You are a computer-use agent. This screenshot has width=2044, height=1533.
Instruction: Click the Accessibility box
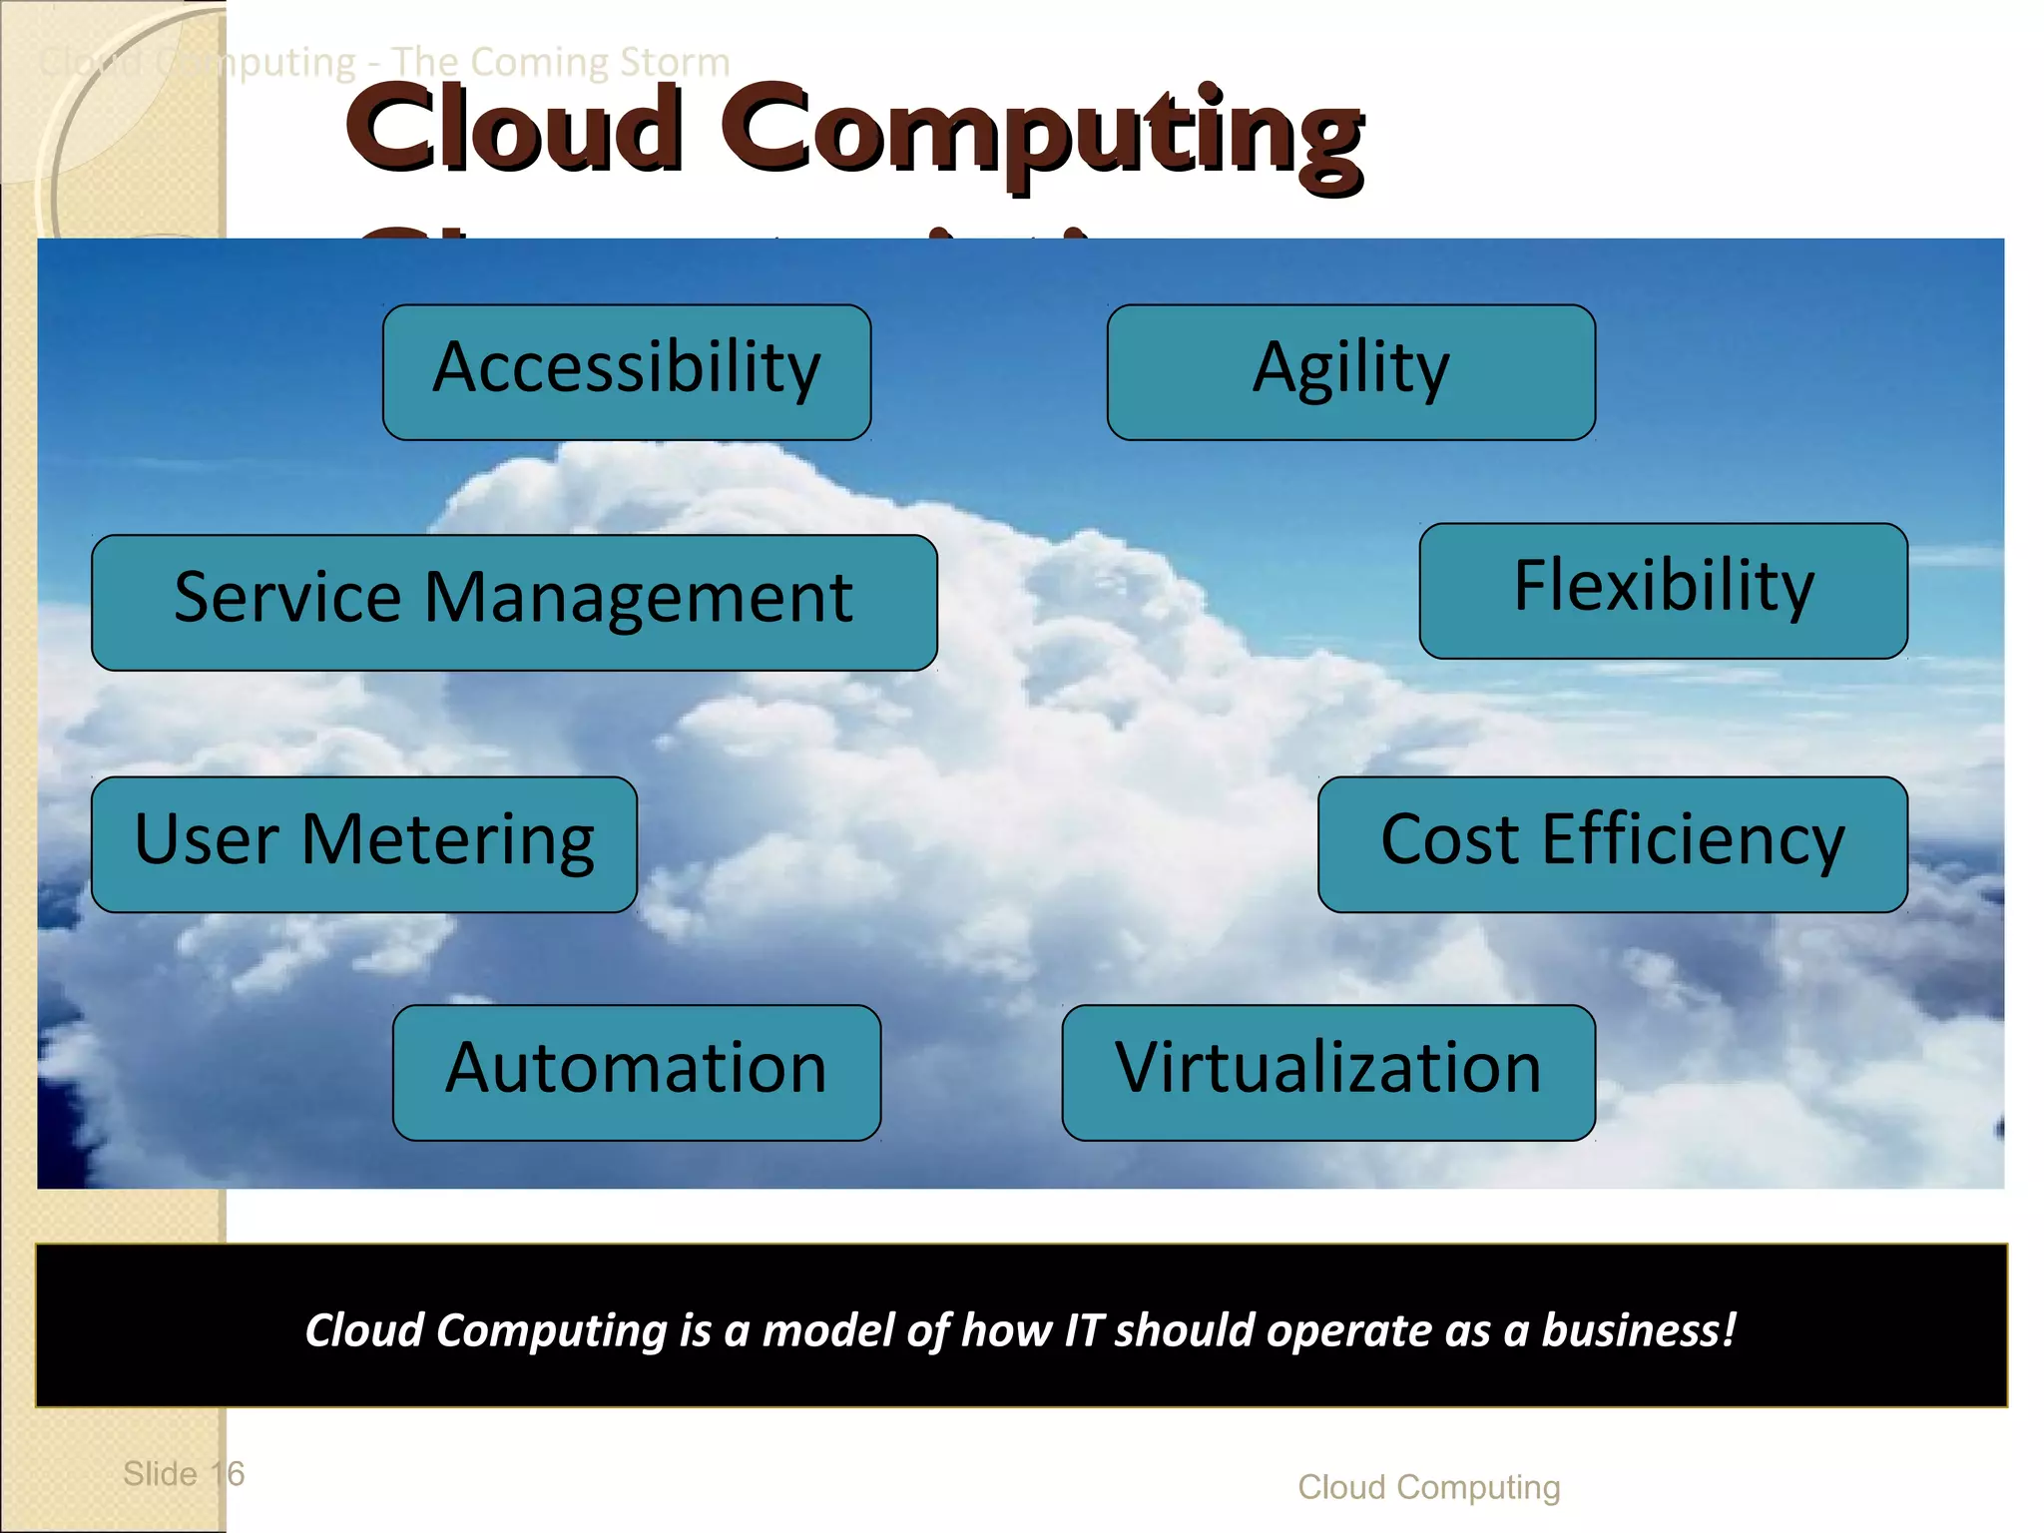(x=627, y=371)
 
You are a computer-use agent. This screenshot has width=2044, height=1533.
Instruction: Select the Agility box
(x=1350, y=371)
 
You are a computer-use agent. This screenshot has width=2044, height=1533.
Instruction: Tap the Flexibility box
(x=1663, y=590)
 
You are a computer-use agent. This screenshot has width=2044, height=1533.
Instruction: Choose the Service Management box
(x=514, y=602)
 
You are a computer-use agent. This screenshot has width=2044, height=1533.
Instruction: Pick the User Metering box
(x=363, y=843)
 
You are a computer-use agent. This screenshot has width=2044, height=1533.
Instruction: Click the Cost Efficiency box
(x=1612, y=843)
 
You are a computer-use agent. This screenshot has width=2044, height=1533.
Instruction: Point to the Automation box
(x=636, y=1072)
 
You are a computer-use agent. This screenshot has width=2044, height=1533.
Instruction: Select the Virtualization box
(x=1327, y=1072)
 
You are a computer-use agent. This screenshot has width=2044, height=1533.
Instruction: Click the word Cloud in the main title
(x=515, y=130)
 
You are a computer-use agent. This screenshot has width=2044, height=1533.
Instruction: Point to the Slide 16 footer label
(x=184, y=1473)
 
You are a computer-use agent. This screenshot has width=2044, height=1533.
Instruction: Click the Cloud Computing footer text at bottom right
(x=1428, y=1487)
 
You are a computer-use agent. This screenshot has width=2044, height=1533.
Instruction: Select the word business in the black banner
(x=1638, y=1330)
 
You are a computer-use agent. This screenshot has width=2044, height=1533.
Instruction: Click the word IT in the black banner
(x=1082, y=1330)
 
